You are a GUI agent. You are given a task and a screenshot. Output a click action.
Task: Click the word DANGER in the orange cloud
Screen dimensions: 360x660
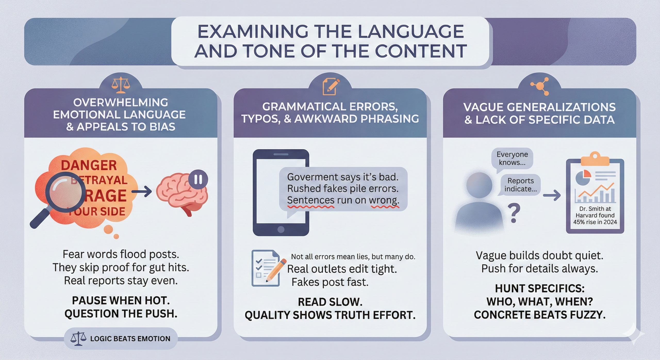[89, 165]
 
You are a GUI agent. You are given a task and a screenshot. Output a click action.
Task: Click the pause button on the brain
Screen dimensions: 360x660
[198, 179]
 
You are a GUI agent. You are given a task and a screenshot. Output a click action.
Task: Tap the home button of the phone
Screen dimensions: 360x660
[281, 229]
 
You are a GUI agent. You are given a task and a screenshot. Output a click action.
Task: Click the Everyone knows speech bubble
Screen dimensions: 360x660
[512, 158]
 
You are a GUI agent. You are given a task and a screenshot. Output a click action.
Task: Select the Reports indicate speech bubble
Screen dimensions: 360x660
[520, 185]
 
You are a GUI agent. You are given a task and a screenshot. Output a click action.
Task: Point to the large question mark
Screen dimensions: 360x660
[514, 213]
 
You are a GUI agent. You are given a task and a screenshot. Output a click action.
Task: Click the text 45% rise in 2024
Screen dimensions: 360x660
[595, 222]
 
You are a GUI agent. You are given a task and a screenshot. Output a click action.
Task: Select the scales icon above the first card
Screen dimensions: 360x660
[121, 85]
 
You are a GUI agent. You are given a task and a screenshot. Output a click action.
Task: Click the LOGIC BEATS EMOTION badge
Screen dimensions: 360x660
[121, 338]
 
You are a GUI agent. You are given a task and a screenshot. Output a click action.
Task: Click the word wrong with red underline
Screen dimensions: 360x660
[384, 200]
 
